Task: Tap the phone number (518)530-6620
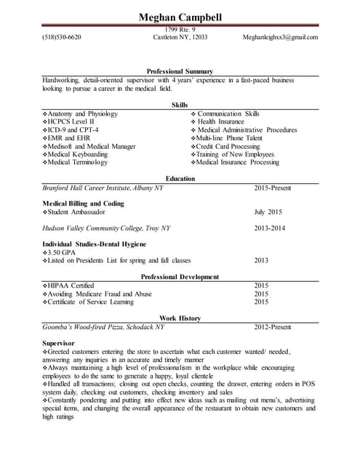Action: click(x=62, y=36)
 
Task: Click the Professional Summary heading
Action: click(x=180, y=71)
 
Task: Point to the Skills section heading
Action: click(x=180, y=105)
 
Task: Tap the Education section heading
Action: click(x=180, y=179)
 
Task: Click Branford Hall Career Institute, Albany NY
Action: click(x=103, y=187)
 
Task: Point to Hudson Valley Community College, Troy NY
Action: click(x=107, y=227)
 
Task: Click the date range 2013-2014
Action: click(x=270, y=227)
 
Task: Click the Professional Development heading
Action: click(x=180, y=277)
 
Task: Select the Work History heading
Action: click(x=180, y=318)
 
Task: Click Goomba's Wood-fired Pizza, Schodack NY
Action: click(x=104, y=327)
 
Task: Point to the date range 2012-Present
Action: click(x=273, y=327)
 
